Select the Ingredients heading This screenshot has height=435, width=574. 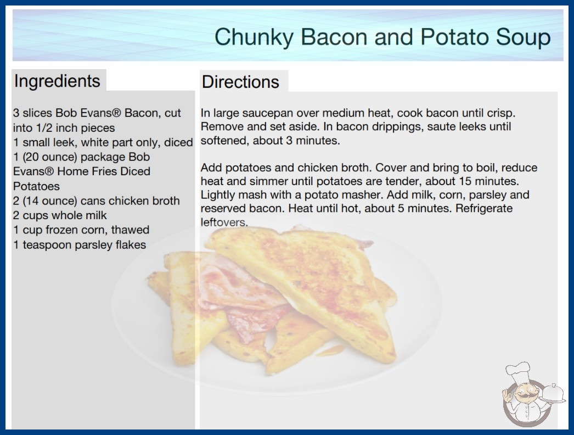[x=57, y=81]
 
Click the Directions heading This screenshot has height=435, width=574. [x=240, y=82]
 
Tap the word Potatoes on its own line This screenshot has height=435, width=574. [x=36, y=186]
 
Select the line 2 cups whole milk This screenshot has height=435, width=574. [x=60, y=215]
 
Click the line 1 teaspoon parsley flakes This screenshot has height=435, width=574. [x=80, y=244]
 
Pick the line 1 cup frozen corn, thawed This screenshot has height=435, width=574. [x=81, y=230]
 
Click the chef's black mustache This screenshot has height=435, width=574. [x=524, y=397]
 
